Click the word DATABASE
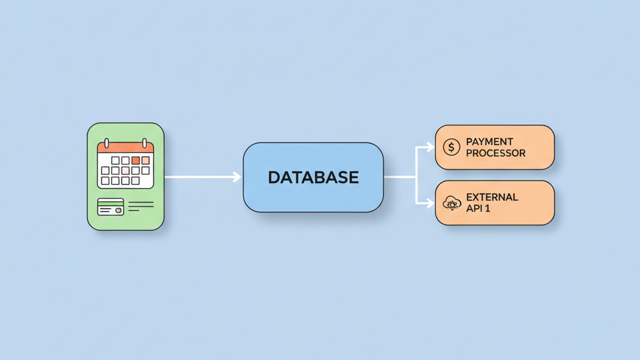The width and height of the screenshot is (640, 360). [313, 177]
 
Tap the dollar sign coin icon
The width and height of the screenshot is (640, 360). [451, 147]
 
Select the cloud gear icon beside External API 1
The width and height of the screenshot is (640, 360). [451, 202]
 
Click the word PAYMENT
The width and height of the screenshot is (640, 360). [490, 142]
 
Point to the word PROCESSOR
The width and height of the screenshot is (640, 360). [496, 153]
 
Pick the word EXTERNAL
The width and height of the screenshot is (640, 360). [492, 197]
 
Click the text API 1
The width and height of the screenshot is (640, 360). [478, 208]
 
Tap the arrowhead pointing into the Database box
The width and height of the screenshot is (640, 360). [237, 177]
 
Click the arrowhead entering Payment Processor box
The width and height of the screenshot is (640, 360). [430, 147]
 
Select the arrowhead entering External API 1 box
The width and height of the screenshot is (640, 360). [430, 203]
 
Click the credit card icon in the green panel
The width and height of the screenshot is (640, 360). [111, 207]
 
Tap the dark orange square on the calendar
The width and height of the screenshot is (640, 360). [136, 161]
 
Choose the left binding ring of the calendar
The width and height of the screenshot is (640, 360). [107, 143]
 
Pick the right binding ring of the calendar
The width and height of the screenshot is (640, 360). [144, 143]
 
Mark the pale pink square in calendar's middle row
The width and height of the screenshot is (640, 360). [125, 171]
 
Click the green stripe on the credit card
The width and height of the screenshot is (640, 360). [111, 202]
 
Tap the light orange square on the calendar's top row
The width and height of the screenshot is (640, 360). [146, 161]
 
